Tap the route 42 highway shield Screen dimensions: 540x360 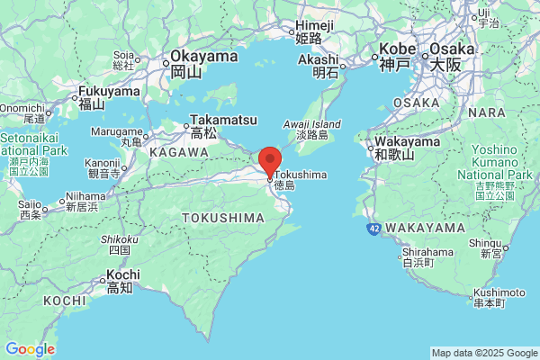(373, 229)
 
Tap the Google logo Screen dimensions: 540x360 (30, 349)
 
